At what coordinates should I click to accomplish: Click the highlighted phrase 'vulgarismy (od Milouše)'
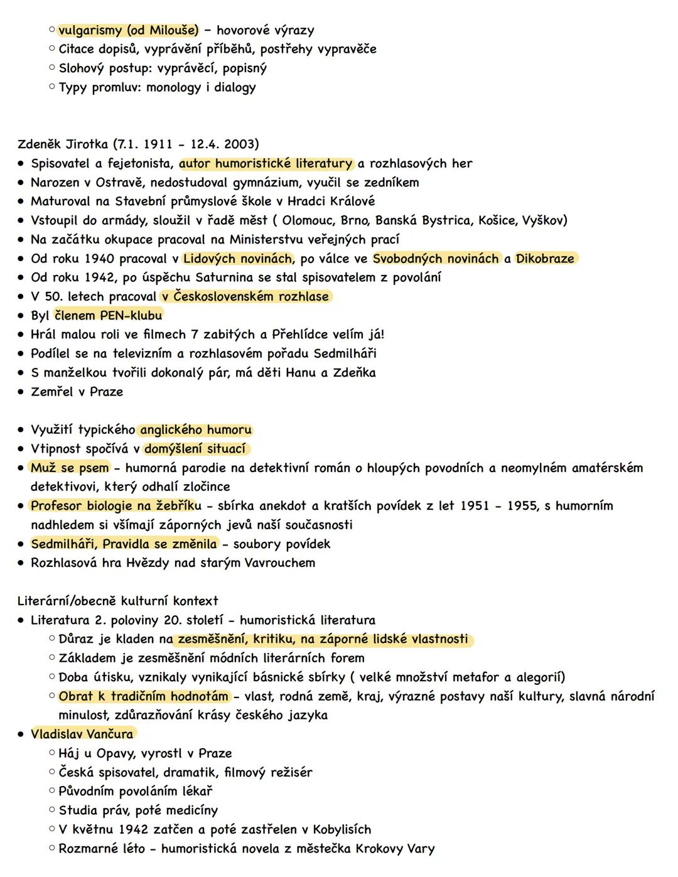[x=128, y=30]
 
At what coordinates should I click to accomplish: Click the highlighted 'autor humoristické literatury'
[x=266, y=164]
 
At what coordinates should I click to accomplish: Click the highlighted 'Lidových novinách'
[x=238, y=259]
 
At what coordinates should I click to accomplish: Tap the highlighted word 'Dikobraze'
[x=545, y=259]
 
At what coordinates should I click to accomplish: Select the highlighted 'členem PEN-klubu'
[x=109, y=315]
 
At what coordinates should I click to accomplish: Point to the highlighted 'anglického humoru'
[x=196, y=430]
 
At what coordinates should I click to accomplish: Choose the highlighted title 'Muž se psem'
[x=70, y=468]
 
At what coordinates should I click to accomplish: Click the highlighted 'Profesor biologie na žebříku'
[x=116, y=506]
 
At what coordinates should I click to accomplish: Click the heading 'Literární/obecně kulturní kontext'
[x=118, y=601]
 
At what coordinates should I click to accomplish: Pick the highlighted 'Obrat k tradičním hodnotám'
[x=144, y=696]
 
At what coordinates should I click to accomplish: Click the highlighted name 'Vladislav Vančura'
[x=82, y=734]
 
